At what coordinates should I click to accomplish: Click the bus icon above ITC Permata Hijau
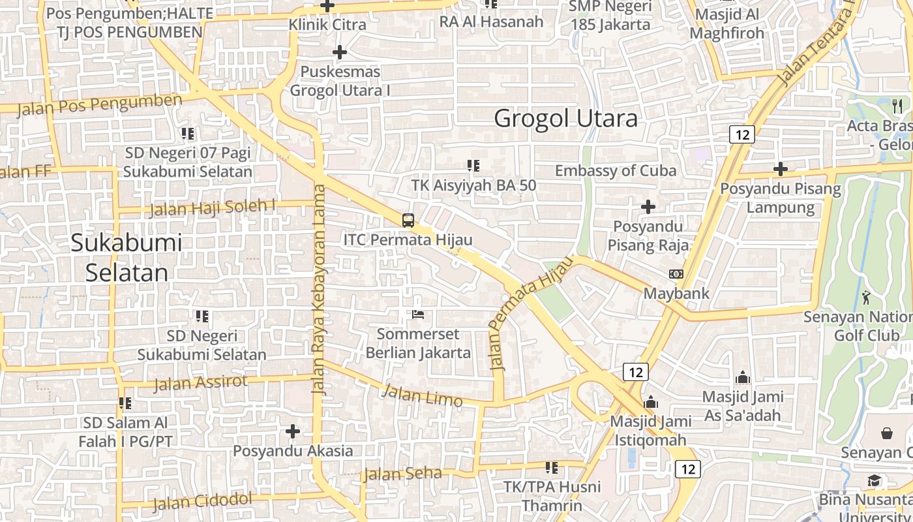408,221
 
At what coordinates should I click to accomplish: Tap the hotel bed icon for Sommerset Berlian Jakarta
418,315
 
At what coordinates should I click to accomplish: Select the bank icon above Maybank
676,274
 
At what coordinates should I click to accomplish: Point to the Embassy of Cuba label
616,171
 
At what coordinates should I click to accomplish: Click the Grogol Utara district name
565,119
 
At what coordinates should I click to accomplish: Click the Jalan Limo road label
422,395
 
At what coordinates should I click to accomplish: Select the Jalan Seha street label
402,474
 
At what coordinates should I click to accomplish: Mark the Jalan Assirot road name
201,382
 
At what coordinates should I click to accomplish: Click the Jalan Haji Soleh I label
213,208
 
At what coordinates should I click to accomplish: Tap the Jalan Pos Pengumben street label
100,104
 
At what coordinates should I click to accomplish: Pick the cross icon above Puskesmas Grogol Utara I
340,52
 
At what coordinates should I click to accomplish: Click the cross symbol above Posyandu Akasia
293,431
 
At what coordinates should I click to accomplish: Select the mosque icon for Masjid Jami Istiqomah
650,402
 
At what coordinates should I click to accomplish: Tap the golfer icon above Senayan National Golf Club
866,298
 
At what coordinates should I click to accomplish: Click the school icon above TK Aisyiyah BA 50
473,166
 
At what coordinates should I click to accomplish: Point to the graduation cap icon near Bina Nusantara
874,481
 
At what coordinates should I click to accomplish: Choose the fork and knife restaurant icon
897,106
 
